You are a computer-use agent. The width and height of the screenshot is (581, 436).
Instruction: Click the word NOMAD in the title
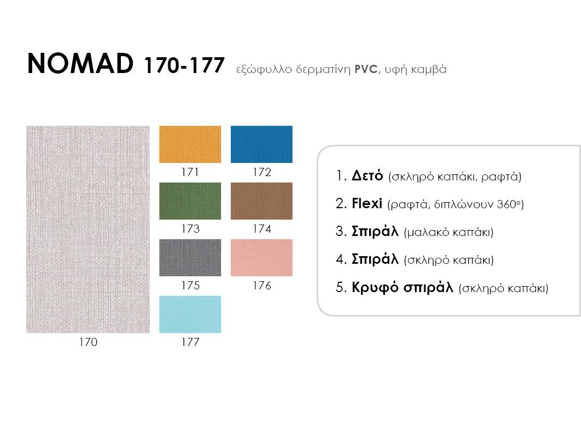(x=81, y=63)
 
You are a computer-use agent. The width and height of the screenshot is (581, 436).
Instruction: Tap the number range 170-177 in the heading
(x=184, y=65)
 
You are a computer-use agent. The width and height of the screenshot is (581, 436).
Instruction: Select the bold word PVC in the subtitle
(x=366, y=69)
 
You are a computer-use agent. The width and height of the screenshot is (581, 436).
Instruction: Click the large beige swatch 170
(x=88, y=229)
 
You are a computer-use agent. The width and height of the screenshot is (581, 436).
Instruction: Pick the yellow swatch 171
(x=190, y=144)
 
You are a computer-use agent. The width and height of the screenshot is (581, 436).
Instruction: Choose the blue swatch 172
(x=261, y=144)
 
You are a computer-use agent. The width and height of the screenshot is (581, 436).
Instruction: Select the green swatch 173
(x=190, y=201)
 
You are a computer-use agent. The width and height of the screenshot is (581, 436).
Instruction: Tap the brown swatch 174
(x=261, y=201)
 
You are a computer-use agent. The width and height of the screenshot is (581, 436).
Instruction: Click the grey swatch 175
(x=190, y=258)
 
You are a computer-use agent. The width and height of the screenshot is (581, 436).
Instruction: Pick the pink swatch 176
(x=261, y=258)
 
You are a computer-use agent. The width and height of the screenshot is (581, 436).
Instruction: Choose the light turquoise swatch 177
(x=190, y=314)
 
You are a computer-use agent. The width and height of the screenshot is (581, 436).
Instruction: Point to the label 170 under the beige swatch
(x=88, y=342)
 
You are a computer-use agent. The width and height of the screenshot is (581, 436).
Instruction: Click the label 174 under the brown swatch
(x=262, y=229)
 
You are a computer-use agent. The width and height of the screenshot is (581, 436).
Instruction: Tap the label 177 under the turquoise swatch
(x=191, y=342)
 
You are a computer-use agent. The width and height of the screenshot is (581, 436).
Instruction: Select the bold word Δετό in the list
(x=367, y=175)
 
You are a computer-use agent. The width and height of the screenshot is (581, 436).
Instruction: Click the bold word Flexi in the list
(x=367, y=203)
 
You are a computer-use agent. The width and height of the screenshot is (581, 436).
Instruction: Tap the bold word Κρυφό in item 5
(x=375, y=288)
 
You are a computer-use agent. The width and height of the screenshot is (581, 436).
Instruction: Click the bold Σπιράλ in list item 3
(x=375, y=231)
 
